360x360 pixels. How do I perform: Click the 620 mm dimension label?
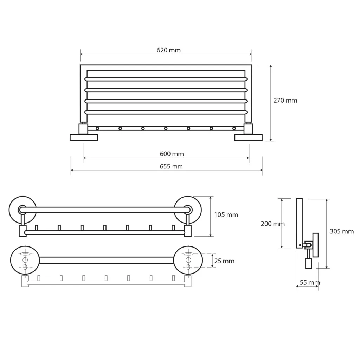pos(168,50)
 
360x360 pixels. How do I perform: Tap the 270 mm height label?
pos(285,100)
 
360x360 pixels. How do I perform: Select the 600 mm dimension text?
pos(172,154)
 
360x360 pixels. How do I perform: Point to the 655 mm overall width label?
pos(171,166)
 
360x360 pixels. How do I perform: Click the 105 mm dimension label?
pos(226,215)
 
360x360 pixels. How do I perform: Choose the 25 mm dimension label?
pos(224,261)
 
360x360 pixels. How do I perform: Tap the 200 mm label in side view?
pos(273,224)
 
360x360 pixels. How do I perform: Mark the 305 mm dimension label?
pos(342,231)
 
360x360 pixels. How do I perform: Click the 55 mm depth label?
pos(310,282)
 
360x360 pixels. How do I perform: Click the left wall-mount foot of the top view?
pos(84,137)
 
